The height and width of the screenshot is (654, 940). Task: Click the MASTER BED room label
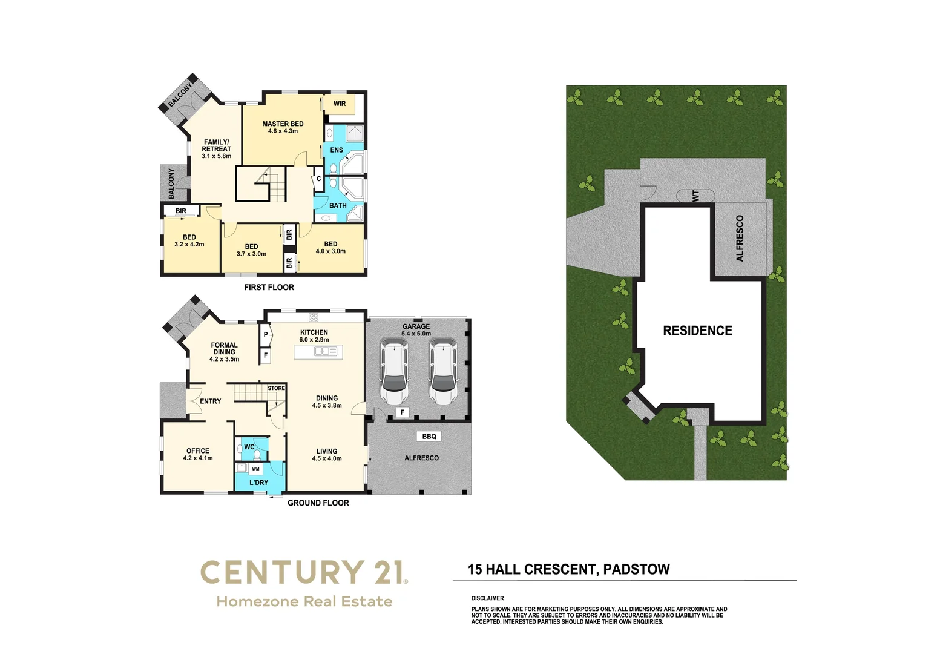[x=283, y=127]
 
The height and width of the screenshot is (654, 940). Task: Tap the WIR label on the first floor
[x=340, y=104]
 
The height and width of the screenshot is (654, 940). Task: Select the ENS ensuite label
[x=337, y=150]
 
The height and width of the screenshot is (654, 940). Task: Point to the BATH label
[x=338, y=206]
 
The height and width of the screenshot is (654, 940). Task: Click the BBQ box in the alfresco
[x=429, y=437]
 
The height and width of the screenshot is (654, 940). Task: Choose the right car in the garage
[x=444, y=371]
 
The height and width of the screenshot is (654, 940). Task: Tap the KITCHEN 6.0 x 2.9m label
[x=314, y=336]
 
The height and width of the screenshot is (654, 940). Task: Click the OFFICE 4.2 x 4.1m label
[x=197, y=454]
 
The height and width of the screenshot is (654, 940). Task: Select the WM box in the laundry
[x=255, y=469]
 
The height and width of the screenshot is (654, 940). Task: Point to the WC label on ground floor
[x=249, y=448]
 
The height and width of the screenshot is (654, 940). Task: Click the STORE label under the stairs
[x=276, y=388]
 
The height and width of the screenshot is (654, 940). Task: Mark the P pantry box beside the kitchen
[x=266, y=335]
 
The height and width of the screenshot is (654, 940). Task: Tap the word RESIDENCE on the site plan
[x=697, y=331]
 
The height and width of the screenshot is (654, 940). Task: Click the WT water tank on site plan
[x=695, y=196]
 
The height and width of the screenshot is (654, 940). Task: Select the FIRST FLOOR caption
[x=269, y=288]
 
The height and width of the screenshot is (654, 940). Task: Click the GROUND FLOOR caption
[x=318, y=503]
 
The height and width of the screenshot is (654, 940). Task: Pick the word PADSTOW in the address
[x=637, y=569]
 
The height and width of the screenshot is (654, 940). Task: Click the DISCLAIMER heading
[x=487, y=598]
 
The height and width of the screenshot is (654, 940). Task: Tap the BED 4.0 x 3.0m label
[x=330, y=248]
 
